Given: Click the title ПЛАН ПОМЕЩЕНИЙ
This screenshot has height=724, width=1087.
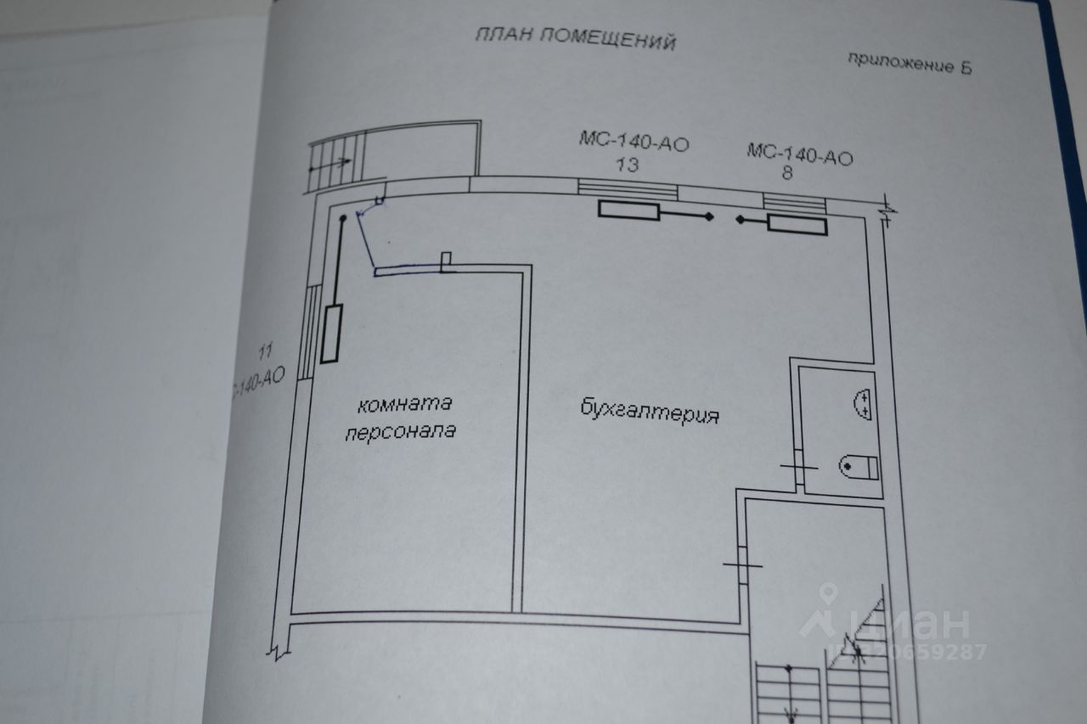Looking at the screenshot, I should coord(574,37).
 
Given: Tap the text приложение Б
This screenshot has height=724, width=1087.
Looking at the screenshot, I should coord(910,64).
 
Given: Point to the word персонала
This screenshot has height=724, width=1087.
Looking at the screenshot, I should coord(399,430).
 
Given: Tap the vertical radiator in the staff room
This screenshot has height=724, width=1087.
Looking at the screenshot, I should coord(332,333).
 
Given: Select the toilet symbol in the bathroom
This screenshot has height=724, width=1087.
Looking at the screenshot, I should coord(860,465).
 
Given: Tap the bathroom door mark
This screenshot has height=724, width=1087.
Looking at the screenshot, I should coord(798,466).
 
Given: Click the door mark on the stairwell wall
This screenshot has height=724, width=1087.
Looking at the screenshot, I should coord(742,564).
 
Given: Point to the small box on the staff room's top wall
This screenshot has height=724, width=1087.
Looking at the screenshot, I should coord(448,261).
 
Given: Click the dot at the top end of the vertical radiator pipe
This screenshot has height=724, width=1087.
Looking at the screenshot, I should coord(342,220).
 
